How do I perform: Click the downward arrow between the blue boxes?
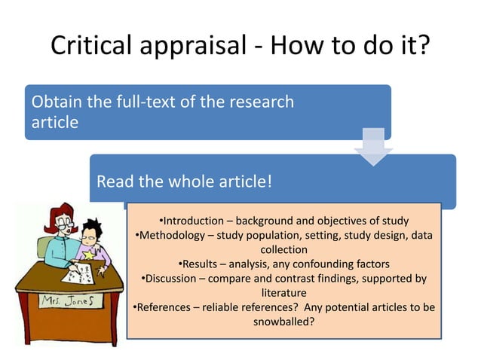point(374,147)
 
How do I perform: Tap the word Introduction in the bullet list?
point(194,221)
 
